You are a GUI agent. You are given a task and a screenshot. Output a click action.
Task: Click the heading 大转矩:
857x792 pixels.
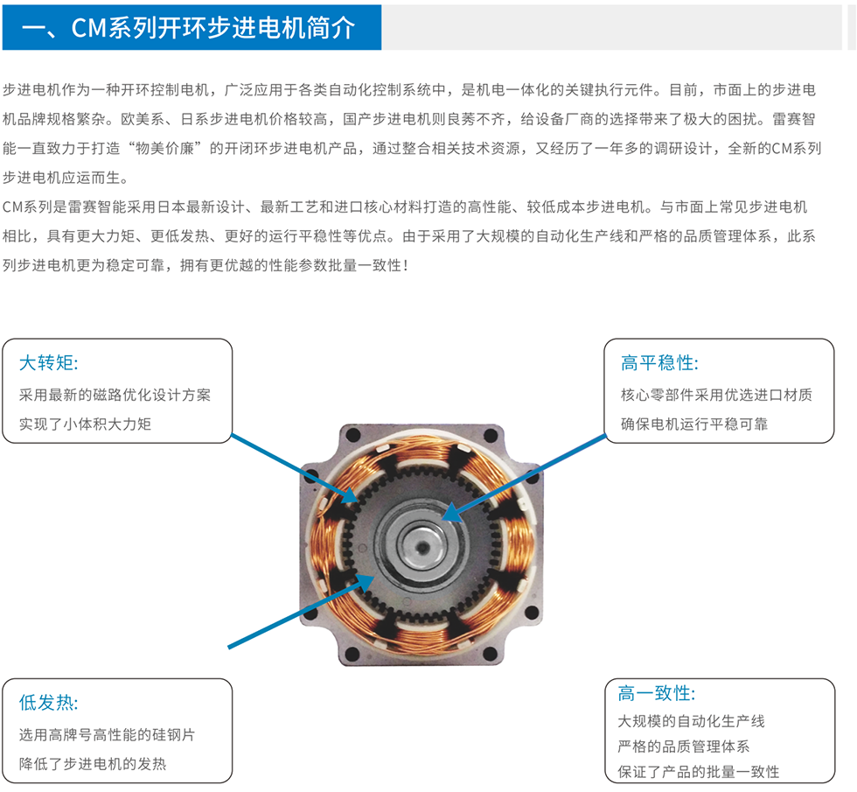(x=49, y=362)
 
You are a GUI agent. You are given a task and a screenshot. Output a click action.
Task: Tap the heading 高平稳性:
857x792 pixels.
(x=659, y=362)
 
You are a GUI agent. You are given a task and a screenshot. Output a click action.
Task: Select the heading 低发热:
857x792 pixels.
(x=49, y=702)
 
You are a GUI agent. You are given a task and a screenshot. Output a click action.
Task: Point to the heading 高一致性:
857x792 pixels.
(x=657, y=693)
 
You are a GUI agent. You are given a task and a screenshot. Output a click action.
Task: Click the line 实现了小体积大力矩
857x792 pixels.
(x=86, y=424)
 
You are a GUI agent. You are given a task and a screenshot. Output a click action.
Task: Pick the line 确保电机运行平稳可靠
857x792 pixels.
(x=694, y=424)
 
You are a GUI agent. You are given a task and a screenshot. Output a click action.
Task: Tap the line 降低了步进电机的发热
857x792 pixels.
(x=93, y=763)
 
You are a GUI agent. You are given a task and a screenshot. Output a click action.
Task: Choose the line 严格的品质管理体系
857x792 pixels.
(x=684, y=746)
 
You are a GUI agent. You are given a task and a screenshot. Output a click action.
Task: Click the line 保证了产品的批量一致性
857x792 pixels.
(x=699, y=772)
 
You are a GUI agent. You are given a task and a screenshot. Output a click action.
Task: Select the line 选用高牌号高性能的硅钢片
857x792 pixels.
(x=107, y=734)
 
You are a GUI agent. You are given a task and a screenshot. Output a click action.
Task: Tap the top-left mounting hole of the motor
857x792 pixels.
(x=353, y=436)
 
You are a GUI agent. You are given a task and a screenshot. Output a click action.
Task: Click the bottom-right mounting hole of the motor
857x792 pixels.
(x=491, y=654)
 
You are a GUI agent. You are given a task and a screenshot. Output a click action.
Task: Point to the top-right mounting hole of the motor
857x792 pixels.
(x=491, y=436)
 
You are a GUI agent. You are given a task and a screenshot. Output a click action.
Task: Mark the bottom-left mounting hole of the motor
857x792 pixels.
(x=353, y=654)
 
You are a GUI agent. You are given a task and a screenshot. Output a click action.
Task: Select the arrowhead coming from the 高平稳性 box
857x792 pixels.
(x=451, y=513)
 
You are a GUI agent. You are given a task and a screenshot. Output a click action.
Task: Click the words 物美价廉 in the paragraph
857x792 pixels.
(x=165, y=148)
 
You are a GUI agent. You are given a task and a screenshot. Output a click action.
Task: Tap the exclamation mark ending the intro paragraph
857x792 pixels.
(x=405, y=266)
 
